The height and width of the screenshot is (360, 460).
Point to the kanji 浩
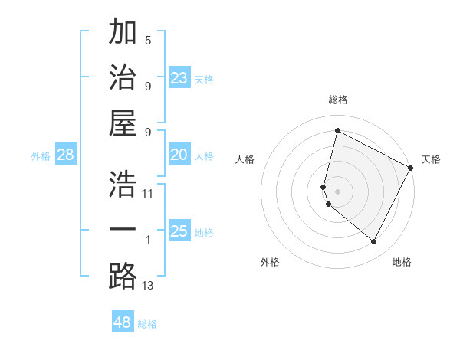click(123, 184)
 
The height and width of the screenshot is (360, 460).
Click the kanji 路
click(123, 276)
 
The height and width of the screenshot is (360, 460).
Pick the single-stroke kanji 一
click(123, 231)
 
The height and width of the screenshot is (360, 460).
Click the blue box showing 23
click(179, 78)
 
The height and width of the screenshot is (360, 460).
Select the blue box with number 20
click(179, 155)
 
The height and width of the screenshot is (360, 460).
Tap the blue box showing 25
click(179, 231)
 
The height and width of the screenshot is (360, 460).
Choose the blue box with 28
click(66, 155)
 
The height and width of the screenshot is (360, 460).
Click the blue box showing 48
click(123, 322)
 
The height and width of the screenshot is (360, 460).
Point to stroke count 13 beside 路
click(148, 286)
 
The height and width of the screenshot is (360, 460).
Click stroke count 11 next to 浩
click(148, 193)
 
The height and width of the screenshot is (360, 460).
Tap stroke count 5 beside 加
click(148, 40)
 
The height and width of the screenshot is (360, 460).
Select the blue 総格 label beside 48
click(148, 324)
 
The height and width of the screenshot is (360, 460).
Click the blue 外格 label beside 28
click(41, 156)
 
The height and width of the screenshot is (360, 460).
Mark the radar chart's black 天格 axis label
click(431, 159)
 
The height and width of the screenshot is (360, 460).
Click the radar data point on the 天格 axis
click(412, 169)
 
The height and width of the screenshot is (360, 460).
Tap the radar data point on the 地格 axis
click(374, 242)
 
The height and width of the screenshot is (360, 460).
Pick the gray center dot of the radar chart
click(337, 191)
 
